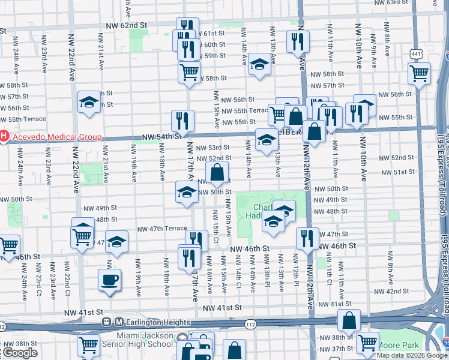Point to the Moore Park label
coord(400,346)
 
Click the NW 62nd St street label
coord(125,26)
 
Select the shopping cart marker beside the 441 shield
coord(419,73)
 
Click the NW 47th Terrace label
coord(162,229)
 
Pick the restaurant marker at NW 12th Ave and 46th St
coord(307,238)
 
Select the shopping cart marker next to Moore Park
coord(367,343)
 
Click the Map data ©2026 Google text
coord(411,355)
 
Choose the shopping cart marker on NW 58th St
coord(189,72)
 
